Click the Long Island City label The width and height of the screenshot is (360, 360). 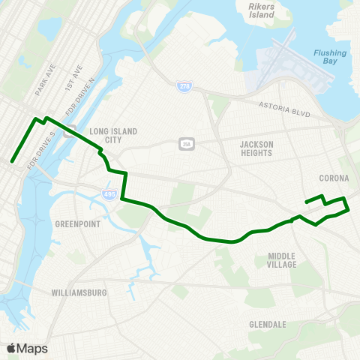point(113,135)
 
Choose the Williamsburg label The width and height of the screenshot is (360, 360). point(79,292)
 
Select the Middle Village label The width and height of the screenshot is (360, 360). point(282,260)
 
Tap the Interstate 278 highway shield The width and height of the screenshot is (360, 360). point(184,88)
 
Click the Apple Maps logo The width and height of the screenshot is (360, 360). point(27,348)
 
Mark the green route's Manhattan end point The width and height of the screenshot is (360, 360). point(12,160)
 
